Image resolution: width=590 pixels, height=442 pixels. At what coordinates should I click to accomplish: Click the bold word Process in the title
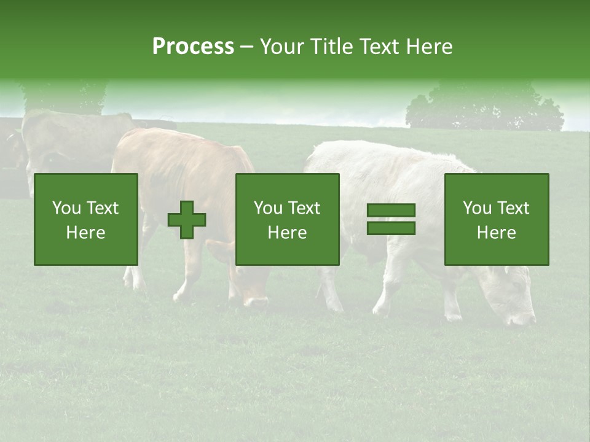[193, 47]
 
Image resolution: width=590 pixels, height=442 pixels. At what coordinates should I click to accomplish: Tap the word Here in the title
[429, 47]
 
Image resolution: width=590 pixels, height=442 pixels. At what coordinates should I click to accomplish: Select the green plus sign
[187, 219]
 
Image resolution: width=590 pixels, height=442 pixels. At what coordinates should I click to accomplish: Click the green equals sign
[391, 219]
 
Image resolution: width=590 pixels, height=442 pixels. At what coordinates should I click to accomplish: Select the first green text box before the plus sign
[86, 219]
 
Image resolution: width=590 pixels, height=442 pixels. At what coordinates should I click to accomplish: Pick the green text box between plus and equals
[288, 219]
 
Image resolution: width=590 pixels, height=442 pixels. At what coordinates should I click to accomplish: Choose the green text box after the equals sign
[497, 219]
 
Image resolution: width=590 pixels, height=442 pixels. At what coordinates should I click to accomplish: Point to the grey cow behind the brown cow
[68, 138]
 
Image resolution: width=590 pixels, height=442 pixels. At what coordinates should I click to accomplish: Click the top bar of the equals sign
[391, 211]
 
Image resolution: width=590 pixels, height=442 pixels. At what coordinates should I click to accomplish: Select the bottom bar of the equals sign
[391, 228]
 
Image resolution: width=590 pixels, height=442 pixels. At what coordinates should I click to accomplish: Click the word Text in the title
[377, 47]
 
